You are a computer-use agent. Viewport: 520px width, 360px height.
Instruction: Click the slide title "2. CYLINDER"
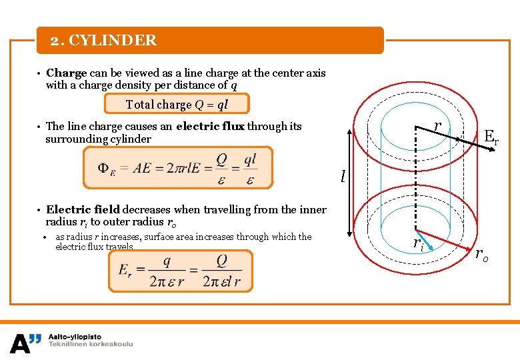pos(104,41)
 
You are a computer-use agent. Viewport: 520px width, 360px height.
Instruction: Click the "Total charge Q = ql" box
pos(177,104)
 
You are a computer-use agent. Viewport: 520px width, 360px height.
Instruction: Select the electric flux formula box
pos(177,167)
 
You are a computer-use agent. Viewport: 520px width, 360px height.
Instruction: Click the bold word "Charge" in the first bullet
pos(66,73)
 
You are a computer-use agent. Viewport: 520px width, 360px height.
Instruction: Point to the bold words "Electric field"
pos(83,209)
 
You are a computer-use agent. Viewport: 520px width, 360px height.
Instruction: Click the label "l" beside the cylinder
pos(343,177)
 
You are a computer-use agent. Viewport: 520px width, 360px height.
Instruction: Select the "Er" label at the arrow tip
pos(491,137)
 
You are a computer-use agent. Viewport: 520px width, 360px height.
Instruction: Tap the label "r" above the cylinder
pos(437,126)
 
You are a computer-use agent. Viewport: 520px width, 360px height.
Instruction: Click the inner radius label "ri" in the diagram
pos(418,243)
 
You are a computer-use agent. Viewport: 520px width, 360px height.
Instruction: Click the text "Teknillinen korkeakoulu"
pos(90,345)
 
